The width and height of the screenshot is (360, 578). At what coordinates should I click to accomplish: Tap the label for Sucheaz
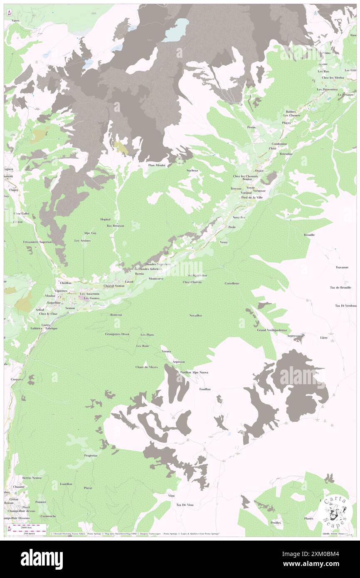coord(192,170)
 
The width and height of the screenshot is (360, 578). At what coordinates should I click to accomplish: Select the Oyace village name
coord(259,171)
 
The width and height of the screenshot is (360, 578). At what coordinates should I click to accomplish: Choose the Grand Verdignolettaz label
coord(272,330)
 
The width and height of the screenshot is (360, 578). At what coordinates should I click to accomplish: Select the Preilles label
coord(275,523)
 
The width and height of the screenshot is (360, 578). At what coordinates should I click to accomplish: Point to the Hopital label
coord(106,219)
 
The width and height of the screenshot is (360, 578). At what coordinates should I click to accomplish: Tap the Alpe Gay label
coord(90,233)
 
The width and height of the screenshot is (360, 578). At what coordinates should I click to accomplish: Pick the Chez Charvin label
coord(192,282)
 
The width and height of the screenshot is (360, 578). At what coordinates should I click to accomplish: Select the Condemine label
coord(277,144)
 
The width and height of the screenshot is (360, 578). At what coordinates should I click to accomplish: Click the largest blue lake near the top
coord(175,31)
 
